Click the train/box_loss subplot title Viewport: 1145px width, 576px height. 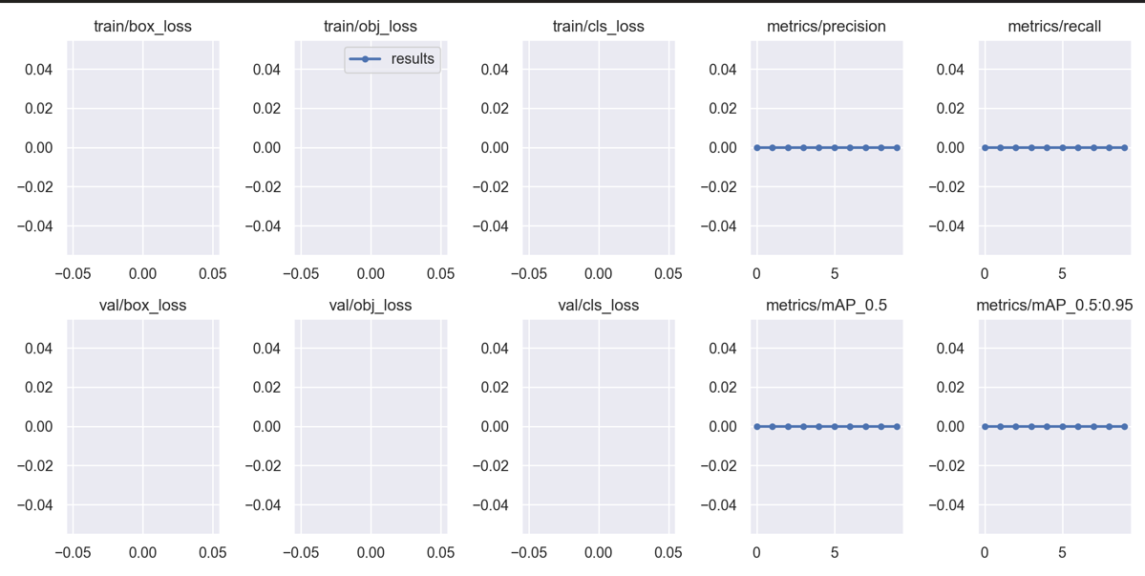(x=142, y=27)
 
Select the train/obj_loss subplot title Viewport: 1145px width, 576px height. (x=371, y=27)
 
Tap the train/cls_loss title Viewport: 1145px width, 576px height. (x=598, y=27)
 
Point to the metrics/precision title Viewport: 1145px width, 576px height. (x=826, y=27)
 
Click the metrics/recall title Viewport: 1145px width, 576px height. (x=1054, y=27)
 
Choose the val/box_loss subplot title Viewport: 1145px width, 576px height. (x=142, y=306)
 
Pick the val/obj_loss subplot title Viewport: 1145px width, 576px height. (x=371, y=306)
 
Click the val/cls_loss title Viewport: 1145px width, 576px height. (x=598, y=306)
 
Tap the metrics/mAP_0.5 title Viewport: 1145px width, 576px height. (x=826, y=306)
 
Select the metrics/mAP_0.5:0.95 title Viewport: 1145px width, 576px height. (x=1054, y=306)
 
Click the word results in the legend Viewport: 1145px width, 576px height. (x=413, y=59)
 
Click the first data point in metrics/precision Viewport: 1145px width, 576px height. (x=757, y=148)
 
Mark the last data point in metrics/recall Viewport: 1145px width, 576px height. (x=1125, y=148)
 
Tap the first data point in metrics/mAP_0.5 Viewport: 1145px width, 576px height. (x=757, y=427)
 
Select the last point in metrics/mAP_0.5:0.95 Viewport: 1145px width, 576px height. (x=1125, y=427)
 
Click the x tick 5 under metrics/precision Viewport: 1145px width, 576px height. (x=835, y=274)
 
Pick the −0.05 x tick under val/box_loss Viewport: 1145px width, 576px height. (x=73, y=553)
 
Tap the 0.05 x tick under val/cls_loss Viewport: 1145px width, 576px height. (x=668, y=553)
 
